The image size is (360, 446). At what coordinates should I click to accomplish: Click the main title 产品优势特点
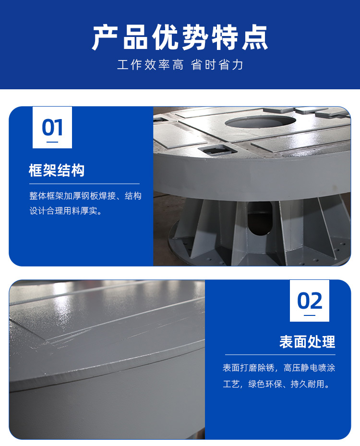coord(180,37)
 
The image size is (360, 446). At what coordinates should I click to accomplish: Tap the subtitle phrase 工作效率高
coord(150,65)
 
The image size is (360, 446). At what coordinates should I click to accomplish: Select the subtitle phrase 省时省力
coord(217,65)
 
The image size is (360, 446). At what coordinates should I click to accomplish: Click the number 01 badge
coord(52,127)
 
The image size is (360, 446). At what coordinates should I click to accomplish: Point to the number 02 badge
coord(310,301)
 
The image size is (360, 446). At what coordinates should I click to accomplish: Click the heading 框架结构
coord(57,170)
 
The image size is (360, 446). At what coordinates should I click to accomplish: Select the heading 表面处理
coord(307,342)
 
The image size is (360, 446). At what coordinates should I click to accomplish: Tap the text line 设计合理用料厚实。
coord(66,211)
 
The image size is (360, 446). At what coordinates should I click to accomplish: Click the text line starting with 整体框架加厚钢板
coord(85,196)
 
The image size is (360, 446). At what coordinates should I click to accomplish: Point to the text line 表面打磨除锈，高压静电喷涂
coord(279,368)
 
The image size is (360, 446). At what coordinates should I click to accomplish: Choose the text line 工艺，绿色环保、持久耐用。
coord(276,384)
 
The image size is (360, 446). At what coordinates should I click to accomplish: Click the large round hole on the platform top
coord(260,122)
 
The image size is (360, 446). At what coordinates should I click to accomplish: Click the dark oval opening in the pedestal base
coord(260,218)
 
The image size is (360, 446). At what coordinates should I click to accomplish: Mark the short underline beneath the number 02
coord(310,315)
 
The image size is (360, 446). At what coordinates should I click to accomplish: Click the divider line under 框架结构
coord(84,184)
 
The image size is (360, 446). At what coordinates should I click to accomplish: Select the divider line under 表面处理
coord(280,355)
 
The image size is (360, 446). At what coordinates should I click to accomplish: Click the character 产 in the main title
coord(105,37)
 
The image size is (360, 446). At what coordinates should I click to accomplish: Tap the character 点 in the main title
coord(255,37)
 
